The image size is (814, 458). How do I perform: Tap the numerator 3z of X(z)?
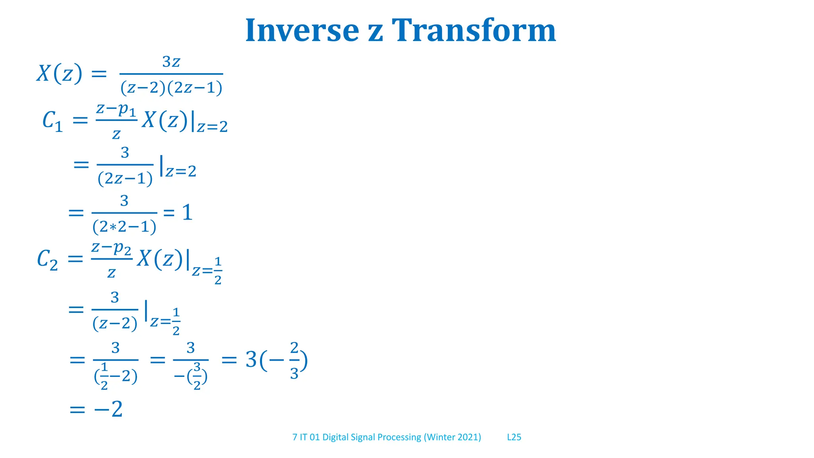[171, 62]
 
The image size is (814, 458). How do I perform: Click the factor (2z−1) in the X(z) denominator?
[195, 88]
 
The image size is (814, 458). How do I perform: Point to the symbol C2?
[47, 260]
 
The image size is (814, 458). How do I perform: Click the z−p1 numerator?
[116, 109]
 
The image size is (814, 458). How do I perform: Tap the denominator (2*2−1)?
[124, 227]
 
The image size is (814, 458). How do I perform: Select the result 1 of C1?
[187, 213]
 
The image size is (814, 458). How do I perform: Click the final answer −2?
[108, 409]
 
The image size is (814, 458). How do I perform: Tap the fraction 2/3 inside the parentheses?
[294, 361]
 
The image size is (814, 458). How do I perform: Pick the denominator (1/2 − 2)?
[116, 376]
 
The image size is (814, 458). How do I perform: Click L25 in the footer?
[514, 437]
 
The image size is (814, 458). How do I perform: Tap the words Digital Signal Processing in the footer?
[372, 437]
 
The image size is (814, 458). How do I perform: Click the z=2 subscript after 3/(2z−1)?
[181, 172]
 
